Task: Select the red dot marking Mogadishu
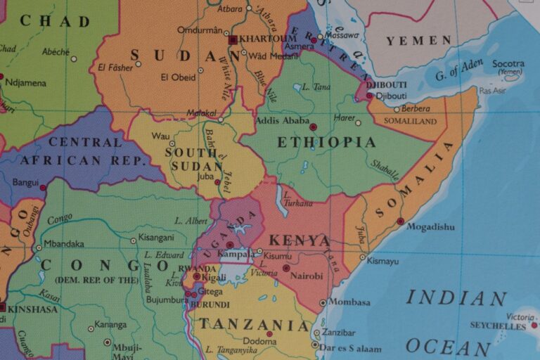[400, 221]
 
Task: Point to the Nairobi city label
[307, 276]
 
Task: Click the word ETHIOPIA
[326, 143]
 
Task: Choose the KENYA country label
[300, 240]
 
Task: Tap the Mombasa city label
[350, 302]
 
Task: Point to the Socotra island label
[508, 64]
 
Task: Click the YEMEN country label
[418, 41]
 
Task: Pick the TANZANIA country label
[253, 325]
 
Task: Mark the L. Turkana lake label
[297, 200]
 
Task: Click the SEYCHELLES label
[498, 326]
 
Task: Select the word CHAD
[55, 21]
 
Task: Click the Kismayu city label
[382, 261]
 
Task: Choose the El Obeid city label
[177, 77]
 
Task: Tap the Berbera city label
[416, 108]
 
